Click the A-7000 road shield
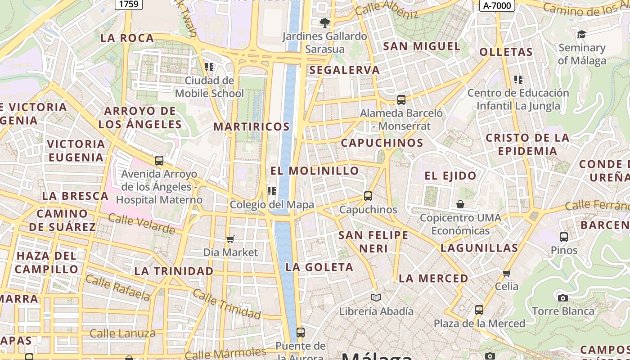point(497,5)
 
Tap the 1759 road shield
point(129,4)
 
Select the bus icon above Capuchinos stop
point(368,196)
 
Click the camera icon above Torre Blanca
point(562,298)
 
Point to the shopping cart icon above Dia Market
point(230,239)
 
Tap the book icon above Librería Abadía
point(376,298)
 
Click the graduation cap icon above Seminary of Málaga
point(581,35)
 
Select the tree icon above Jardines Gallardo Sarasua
point(324,23)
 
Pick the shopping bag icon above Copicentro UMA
point(460,205)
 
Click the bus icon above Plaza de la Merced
point(479,310)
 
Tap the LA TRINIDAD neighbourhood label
point(174,271)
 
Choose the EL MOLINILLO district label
point(315,171)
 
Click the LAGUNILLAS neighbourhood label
point(479,248)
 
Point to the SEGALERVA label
point(345,70)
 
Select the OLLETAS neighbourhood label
point(506,52)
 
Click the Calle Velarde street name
point(141,224)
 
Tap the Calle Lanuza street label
point(122,333)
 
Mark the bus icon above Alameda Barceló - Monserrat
point(401,100)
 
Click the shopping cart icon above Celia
point(507,273)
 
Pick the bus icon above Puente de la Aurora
point(301,333)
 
